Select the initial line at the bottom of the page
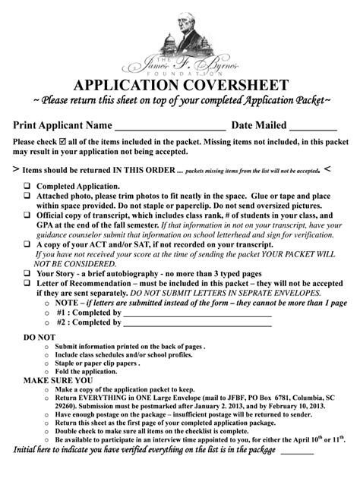click(297, 452)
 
